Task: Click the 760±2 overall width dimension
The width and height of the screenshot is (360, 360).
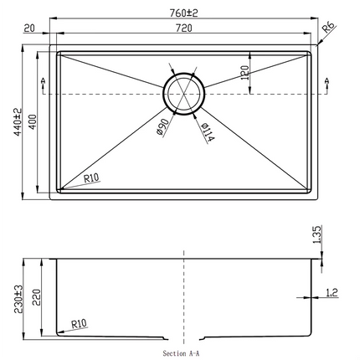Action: pos(183,11)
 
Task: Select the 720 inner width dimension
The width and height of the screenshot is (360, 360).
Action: pos(183,28)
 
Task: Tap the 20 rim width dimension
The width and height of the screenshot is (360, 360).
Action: pos(29,28)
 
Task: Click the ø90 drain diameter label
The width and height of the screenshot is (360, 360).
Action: pos(163,131)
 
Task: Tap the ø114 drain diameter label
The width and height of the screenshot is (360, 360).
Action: pos(207,131)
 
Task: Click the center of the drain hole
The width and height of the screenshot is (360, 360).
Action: pos(183,93)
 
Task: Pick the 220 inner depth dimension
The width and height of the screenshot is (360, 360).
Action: pos(34,294)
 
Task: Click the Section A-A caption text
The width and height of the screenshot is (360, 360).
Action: pos(182,354)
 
